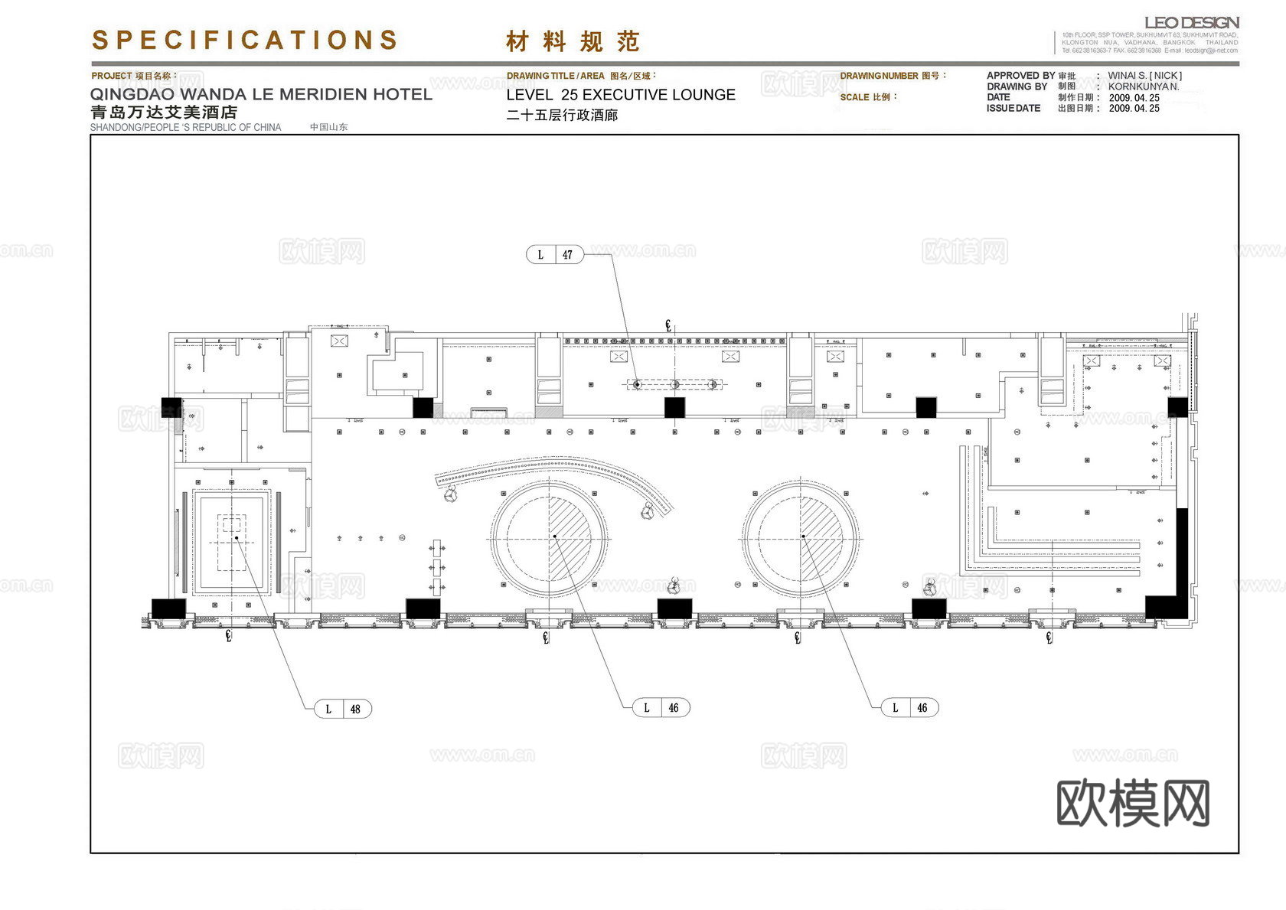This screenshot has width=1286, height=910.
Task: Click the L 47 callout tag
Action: click(554, 255)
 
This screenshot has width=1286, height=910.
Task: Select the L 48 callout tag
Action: click(343, 709)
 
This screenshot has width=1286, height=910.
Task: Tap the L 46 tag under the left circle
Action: click(661, 708)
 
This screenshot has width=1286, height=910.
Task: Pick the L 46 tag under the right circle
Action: click(909, 708)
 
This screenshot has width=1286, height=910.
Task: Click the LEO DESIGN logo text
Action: click(1191, 23)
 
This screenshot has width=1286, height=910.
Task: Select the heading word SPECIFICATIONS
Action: click(245, 40)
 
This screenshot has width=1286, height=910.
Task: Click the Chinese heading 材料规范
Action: click(572, 41)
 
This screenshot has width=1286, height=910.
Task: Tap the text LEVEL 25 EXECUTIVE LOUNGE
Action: click(621, 95)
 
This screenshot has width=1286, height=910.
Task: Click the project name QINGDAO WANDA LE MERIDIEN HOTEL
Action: click(261, 94)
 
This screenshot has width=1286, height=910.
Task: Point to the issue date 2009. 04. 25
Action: click(1134, 109)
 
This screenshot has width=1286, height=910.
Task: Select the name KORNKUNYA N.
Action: click(1144, 86)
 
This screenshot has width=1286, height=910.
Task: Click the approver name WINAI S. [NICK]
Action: click(1144, 76)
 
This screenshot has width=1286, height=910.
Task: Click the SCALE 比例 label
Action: click(868, 97)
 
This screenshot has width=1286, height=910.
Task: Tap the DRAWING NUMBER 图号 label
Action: click(893, 76)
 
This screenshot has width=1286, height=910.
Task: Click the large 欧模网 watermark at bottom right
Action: click(1133, 803)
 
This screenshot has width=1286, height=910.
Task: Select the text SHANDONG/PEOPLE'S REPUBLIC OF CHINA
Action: click(185, 127)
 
